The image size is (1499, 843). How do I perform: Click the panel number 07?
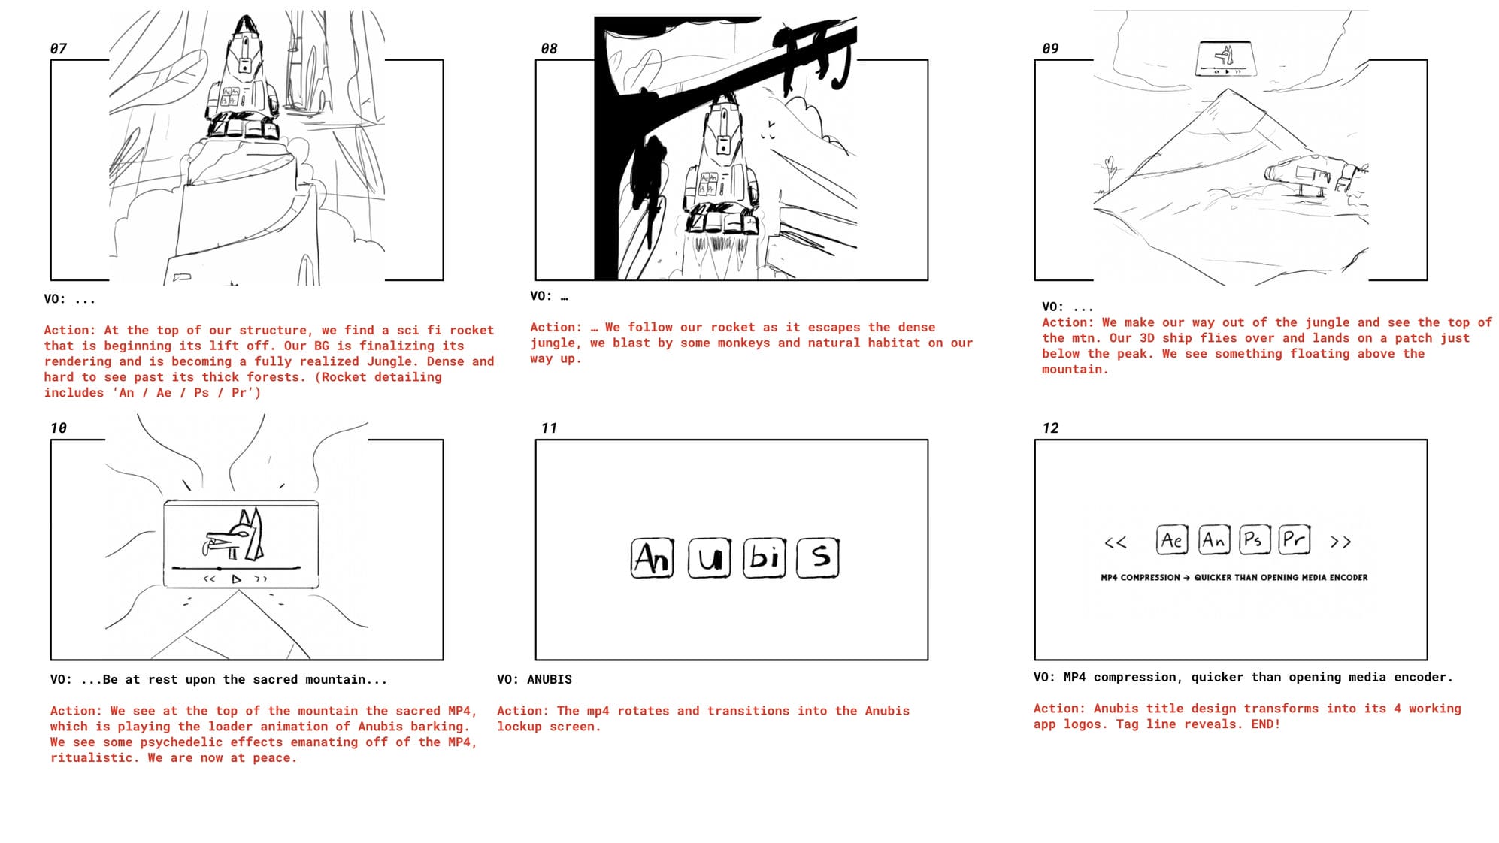pyautogui.click(x=59, y=49)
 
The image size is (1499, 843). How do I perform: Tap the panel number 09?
pyautogui.click(x=1050, y=49)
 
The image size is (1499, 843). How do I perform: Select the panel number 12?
pyautogui.click(x=1050, y=428)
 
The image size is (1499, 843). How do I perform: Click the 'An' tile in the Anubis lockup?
pyautogui.click(x=652, y=558)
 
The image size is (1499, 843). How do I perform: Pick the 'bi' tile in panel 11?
pyautogui.click(x=765, y=558)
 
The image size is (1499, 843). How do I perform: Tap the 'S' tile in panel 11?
pyautogui.click(x=818, y=558)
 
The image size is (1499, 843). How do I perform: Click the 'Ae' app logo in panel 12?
pyautogui.click(x=1172, y=540)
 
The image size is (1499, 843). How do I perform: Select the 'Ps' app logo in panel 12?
pyautogui.click(x=1254, y=540)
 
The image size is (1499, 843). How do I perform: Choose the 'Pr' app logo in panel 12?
pyautogui.click(x=1295, y=540)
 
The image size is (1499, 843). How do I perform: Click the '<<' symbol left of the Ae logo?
pyautogui.click(x=1116, y=542)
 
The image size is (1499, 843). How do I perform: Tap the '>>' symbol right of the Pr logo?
pyautogui.click(x=1340, y=542)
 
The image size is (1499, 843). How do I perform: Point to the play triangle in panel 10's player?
pyautogui.click(x=236, y=579)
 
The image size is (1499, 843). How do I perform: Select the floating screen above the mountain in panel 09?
pyautogui.click(x=1226, y=59)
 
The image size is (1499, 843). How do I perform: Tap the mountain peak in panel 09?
pyautogui.click(x=1228, y=90)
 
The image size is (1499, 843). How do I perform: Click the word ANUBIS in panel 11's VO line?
pyautogui.click(x=549, y=680)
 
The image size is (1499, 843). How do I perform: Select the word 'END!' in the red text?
pyautogui.click(x=1265, y=724)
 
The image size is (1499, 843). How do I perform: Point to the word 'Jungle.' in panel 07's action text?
pyautogui.click(x=390, y=361)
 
